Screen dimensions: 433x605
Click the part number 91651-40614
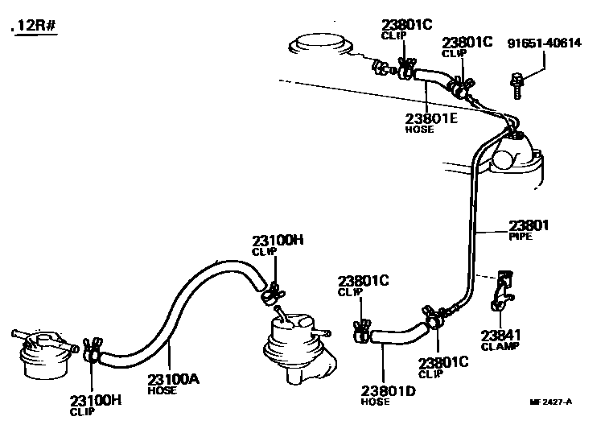(x=544, y=43)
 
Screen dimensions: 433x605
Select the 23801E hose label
(x=431, y=118)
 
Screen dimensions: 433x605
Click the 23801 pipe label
(x=526, y=225)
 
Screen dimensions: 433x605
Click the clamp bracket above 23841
(x=501, y=289)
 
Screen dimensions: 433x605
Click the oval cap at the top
(x=322, y=43)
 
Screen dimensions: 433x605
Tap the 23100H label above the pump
(x=278, y=240)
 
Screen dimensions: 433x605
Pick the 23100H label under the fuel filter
(x=94, y=399)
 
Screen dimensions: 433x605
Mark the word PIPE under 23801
(x=521, y=237)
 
